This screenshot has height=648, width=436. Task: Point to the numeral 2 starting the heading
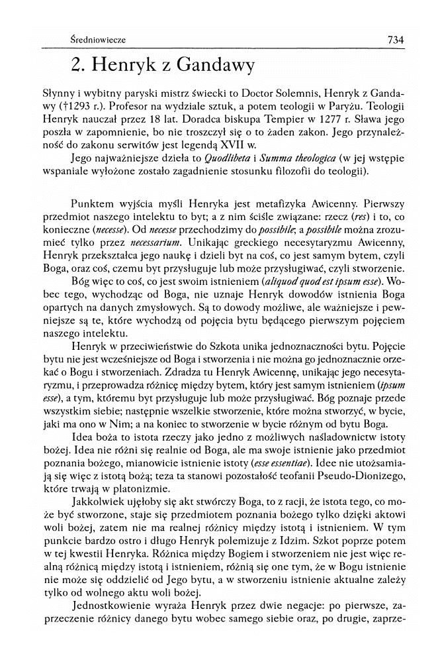tap(76, 66)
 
